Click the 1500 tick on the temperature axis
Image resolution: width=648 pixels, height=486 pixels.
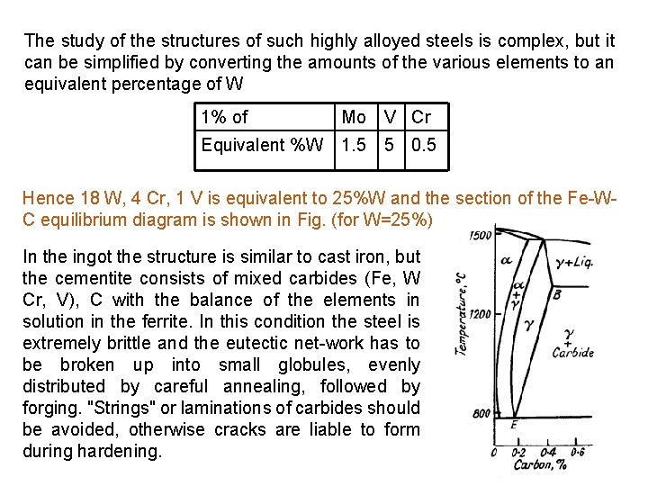(481, 237)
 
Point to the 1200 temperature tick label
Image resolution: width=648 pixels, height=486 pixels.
(481, 314)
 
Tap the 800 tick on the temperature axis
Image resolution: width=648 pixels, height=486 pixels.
(481, 414)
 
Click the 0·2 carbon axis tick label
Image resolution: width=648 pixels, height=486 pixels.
(519, 452)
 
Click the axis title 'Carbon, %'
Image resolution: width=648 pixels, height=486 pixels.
(537, 466)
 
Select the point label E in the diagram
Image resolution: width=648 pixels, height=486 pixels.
(513, 424)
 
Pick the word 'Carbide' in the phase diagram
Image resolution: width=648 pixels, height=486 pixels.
(572, 353)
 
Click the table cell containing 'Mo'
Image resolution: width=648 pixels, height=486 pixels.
(354, 118)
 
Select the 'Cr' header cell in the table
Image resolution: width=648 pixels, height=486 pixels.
(420, 118)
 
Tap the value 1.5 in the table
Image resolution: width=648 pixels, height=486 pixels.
(354, 145)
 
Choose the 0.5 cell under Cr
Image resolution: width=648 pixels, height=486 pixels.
(423, 145)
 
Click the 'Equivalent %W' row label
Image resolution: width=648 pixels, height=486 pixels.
(262, 145)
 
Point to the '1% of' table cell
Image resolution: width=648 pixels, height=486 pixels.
(225, 118)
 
